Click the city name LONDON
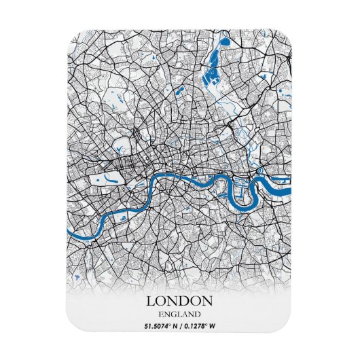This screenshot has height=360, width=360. (180, 301)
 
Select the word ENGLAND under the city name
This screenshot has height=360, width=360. (180, 314)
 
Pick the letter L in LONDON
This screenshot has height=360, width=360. (149, 301)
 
